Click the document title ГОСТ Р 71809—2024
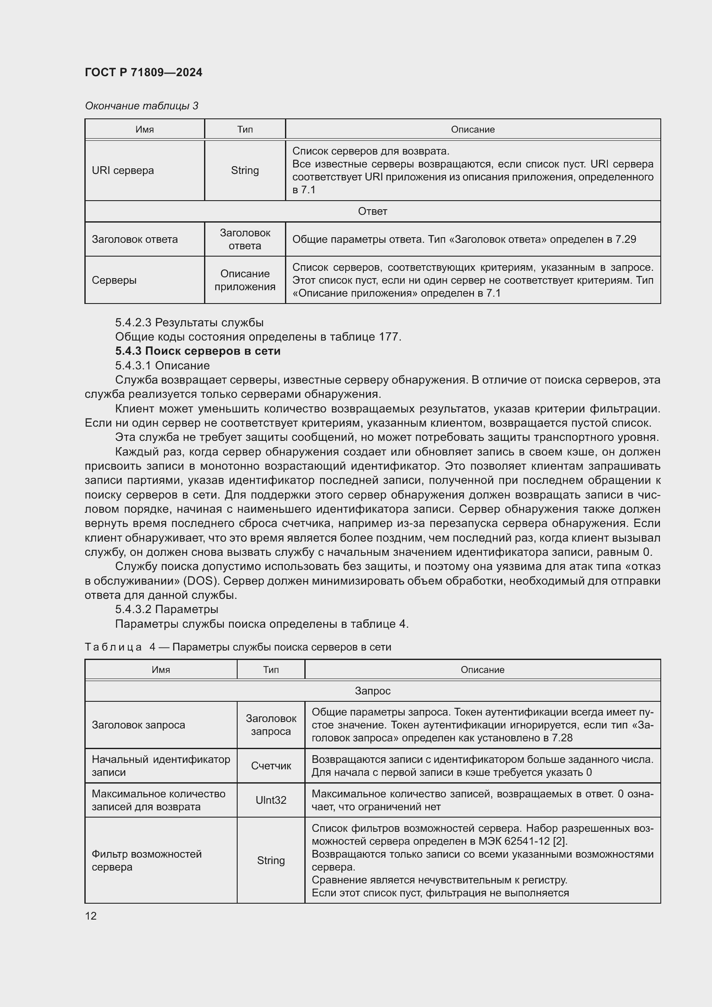pyautogui.click(x=143, y=72)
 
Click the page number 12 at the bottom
pyautogui.click(x=91, y=916)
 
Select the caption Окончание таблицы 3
pyautogui.click(x=141, y=106)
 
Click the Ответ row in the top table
pyautogui.click(x=372, y=211)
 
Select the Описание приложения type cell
pyautogui.click(x=245, y=280)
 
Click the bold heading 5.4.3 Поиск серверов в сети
pyautogui.click(x=198, y=351)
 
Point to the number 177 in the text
pyautogui.click(x=389, y=336)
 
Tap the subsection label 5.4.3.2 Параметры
pyautogui.click(x=167, y=609)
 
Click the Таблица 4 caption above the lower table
pyautogui.click(x=238, y=647)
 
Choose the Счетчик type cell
pyautogui.click(x=270, y=766)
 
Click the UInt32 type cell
pyautogui.click(x=270, y=800)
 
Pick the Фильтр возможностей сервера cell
pyautogui.click(x=146, y=861)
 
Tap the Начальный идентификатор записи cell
pyautogui.click(x=161, y=766)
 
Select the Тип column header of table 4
pyautogui.click(x=270, y=670)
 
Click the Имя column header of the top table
pyautogui.click(x=144, y=130)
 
